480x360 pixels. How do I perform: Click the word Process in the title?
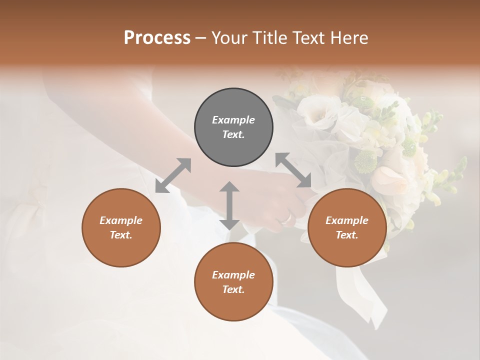coord(157,38)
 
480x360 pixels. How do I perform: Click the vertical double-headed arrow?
coord(229,205)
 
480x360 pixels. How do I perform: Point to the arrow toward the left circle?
coord(173,175)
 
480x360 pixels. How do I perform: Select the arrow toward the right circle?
coord(293,170)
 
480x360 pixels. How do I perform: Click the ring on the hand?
coord(286,217)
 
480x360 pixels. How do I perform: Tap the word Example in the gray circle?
coord(233,120)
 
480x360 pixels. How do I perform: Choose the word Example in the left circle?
coord(121,220)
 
